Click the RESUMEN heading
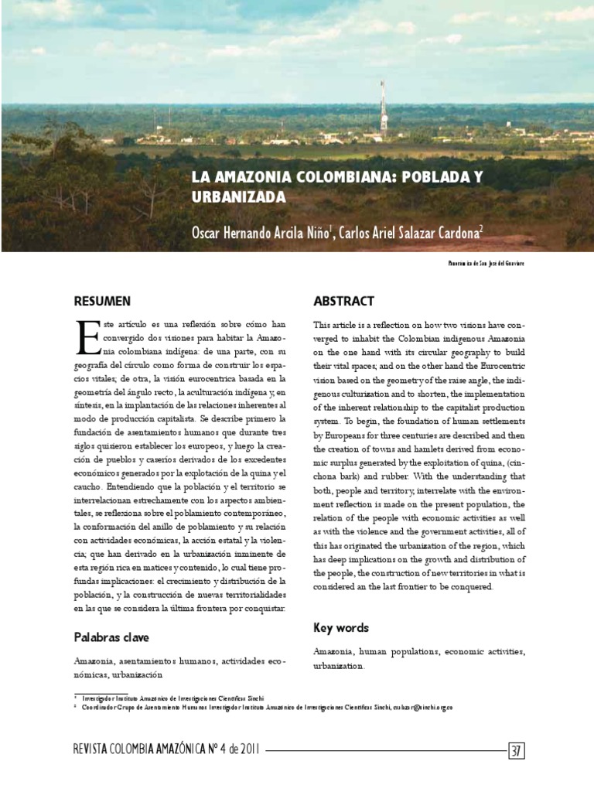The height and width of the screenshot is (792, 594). (x=102, y=301)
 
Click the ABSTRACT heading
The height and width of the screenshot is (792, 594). (x=343, y=301)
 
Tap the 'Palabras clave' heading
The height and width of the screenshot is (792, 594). (x=111, y=637)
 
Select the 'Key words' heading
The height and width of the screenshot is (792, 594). (x=341, y=628)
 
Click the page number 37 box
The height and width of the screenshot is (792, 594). (x=516, y=749)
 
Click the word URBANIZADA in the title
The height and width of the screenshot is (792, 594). (x=239, y=197)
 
